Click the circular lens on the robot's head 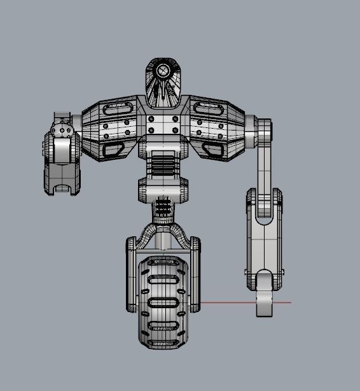(x=164, y=70)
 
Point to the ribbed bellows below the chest (x=163, y=167)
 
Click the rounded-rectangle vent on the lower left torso (x=114, y=150)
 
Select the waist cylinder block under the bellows (x=163, y=189)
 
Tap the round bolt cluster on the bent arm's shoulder (x=62, y=130)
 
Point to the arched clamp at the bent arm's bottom (x=62, y=185)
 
